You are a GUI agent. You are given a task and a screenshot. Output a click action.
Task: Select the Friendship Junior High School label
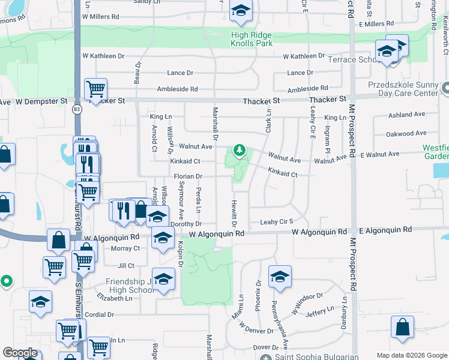click(x=130, y=286)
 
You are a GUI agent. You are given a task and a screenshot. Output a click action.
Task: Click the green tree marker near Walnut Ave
click(x=240, y=149)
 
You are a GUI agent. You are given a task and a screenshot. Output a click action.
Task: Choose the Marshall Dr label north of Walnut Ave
click(x=215, y=120)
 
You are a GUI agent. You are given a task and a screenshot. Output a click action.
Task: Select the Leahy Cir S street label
click(x=276, y=222)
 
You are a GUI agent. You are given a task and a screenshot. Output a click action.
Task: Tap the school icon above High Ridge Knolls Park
click(x=241, y=12)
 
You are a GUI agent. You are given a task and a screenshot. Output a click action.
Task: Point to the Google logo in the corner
click(x=19, y=353)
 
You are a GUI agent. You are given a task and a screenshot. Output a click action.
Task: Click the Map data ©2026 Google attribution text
click(x=411, y=355)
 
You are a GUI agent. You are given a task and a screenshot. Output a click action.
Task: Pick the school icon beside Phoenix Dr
click(x=280, y=278)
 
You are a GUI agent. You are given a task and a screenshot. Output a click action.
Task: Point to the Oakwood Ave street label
click(x=406, y=133)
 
